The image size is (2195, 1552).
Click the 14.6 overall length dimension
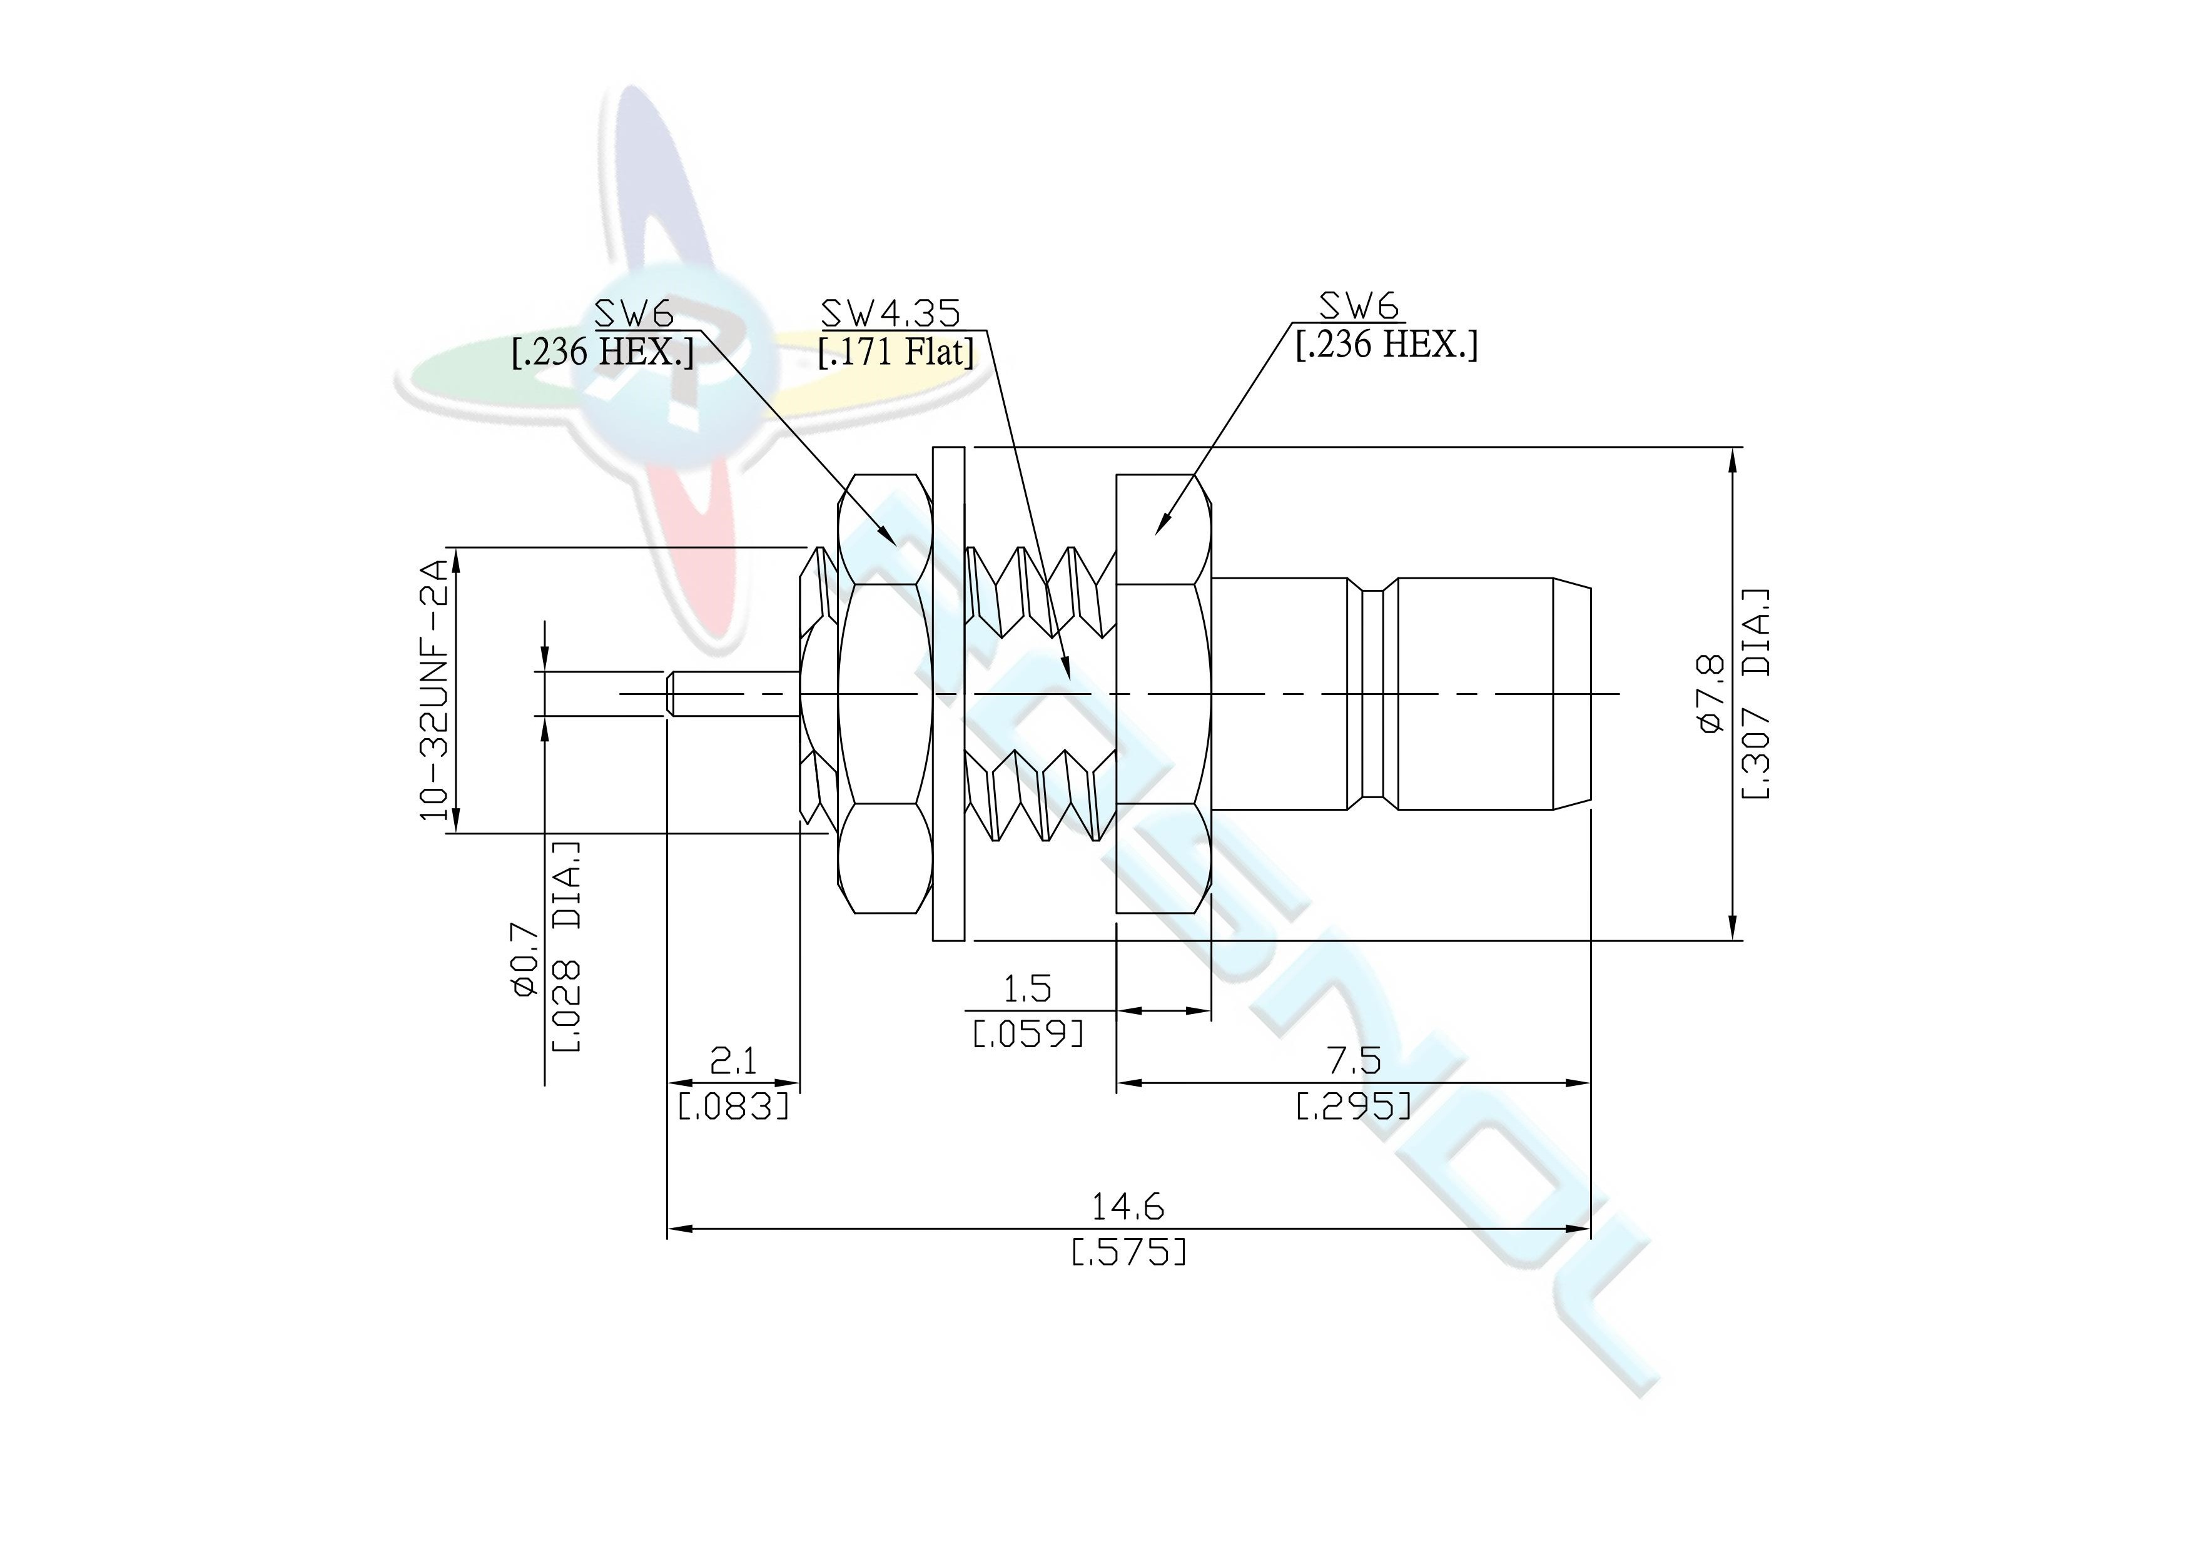1128,1208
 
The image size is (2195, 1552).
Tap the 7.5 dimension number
1354,1060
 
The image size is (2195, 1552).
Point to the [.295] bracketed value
1354,1107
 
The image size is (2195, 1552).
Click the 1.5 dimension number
1028,988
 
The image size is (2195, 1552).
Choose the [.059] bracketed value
1028,1033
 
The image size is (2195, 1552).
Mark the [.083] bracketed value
733,1107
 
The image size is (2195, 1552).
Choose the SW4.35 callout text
891,313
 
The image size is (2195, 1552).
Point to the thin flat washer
948,693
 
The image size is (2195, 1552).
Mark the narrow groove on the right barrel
1372,693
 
